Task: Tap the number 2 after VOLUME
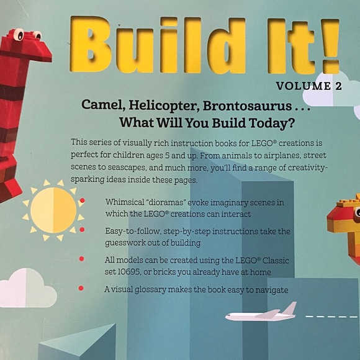338,87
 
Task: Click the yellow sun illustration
53,210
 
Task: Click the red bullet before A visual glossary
81,289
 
